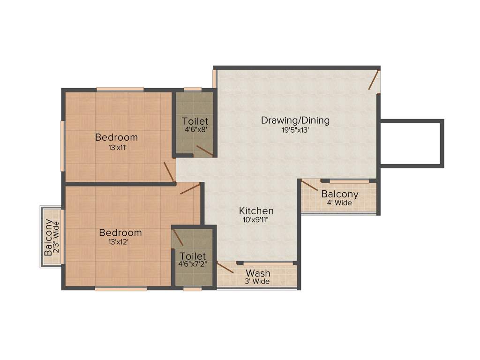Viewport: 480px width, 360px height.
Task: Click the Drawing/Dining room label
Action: [x=295, y=120]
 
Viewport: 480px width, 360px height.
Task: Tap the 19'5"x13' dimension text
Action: [x=295, y=131]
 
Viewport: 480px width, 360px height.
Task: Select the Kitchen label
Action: [x=256, y=210]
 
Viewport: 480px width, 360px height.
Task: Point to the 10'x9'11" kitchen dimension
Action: [x=256, y=219]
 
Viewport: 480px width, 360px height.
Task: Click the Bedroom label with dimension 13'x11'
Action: [x=116, y=137]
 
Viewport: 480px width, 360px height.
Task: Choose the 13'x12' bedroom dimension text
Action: [x=120, y=242]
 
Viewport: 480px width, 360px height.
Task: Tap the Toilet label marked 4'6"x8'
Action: [x=195, y=121]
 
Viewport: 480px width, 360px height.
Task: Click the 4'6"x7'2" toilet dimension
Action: [x=193, y=264]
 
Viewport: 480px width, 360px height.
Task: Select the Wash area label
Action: [x=258, y=273]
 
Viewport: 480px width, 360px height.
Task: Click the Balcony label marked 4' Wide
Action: [x=339, y=194]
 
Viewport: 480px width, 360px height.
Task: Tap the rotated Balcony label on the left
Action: [x=49, y=238]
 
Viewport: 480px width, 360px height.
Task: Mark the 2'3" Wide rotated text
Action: [x=57, y=238]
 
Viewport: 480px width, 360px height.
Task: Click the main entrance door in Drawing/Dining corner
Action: [x=373, y=80]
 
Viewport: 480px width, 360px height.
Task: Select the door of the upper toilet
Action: [x=205, y=151]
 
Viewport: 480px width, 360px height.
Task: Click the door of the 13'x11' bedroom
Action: [x=169, y=172]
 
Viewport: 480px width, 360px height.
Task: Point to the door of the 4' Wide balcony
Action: [x=310, y=185]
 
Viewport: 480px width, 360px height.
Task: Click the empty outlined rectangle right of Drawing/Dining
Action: [x=411, y=142]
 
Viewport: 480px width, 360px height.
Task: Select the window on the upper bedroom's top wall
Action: [x=120, y=89]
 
